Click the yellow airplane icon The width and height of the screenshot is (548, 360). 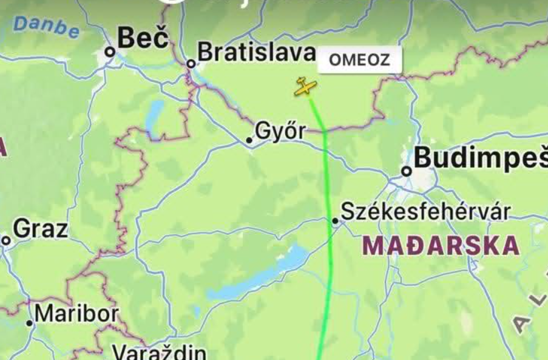305,87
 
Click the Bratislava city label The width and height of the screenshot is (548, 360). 256,52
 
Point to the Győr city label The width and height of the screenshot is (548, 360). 281,131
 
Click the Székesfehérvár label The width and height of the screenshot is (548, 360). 425,211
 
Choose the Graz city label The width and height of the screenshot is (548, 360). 40,229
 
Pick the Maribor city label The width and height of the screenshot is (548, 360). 76,314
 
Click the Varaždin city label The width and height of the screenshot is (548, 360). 160,352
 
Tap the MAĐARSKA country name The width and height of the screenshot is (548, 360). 441,246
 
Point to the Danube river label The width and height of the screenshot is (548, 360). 46,27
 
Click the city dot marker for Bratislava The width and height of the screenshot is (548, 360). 191,63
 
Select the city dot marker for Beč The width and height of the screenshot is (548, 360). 110,52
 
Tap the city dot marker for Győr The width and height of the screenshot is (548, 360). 249,140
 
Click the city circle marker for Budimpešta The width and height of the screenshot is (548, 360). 407,171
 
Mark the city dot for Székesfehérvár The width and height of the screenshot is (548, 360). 335,221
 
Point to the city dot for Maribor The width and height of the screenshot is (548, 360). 29,323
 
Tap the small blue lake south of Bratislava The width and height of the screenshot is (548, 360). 154,117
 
